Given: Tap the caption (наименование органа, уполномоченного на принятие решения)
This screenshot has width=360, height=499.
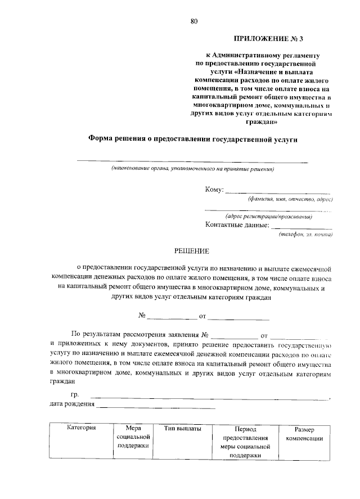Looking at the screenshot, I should coord(192,169).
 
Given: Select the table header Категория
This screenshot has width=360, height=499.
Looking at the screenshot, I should coord(81,429).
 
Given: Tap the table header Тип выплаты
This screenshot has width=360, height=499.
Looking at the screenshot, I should coord(182,429).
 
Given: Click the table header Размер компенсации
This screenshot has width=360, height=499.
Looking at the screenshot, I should coord(304,433).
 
